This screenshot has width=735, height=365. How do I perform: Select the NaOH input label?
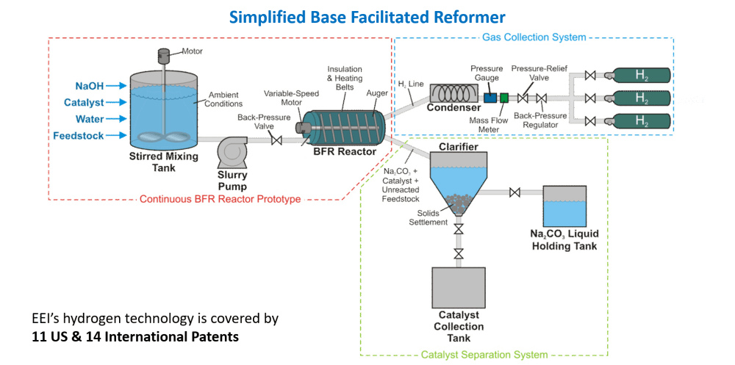click(x=90, y=86)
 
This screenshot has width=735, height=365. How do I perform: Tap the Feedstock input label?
click(x=79, y=136)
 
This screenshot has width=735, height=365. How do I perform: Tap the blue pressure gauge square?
click(x=490, y=97)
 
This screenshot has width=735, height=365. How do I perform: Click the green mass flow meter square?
click(x=504, y=97)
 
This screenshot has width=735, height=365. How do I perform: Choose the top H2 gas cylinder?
click(x=641, y=74)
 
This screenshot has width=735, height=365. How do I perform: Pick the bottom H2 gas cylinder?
click(x=641, y=120)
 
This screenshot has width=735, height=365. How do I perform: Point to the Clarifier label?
click(x=459, y=147)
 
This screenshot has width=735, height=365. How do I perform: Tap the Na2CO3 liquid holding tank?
click(x=564, y=206)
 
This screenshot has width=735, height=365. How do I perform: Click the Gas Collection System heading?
click(x=534, y=37)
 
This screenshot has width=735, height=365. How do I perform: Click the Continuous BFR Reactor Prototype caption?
click(x=222, y=199)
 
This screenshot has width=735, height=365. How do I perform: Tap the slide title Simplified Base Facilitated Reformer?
click(x=367, y=16)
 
